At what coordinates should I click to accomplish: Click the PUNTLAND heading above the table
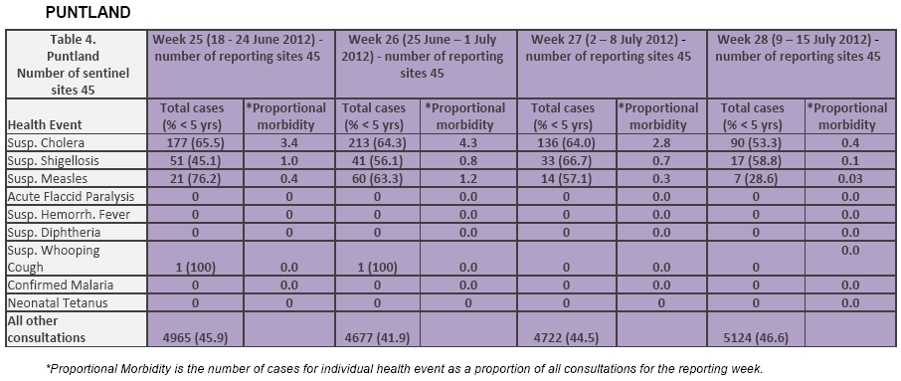[88, 12]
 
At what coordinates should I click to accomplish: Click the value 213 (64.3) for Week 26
[376, 142]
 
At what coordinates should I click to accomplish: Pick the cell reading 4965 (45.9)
[195, 338]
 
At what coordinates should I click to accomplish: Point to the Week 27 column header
[612, 49]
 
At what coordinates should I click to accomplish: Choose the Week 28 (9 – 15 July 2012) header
[800, 49]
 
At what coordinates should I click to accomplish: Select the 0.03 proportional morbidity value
[847, 178]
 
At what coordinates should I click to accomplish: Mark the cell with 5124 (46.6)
[756, 338]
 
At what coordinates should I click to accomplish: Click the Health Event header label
[45, 124]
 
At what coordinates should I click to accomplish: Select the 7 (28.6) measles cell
[756, 178]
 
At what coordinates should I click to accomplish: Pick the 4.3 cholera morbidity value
[469, 142]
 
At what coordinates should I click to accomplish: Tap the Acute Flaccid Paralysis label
[71, 196]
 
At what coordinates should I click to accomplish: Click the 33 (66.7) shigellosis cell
[566, 160]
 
